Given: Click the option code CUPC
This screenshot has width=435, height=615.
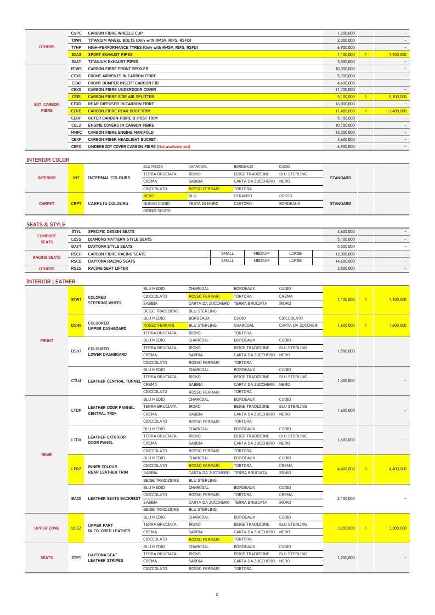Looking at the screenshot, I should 76,33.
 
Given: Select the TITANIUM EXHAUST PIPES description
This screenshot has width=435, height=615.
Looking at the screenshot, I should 113,62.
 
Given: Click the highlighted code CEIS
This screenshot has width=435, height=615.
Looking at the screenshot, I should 76,96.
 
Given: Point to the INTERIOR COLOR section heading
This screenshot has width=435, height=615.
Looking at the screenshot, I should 48,160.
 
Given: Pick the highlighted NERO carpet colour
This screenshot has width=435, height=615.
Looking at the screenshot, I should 148,196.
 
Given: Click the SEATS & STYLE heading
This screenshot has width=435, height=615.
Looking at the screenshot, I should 46,225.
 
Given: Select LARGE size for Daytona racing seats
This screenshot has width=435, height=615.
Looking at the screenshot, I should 295,261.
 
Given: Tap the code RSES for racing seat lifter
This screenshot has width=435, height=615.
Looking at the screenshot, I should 76,269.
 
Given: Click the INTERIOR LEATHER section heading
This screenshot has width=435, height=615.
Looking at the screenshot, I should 51,282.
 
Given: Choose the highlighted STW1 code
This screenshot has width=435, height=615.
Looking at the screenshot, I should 76,300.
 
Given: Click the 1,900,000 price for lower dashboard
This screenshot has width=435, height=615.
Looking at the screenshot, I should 345,351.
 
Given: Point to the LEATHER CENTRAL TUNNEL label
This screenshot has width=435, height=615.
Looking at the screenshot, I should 114,381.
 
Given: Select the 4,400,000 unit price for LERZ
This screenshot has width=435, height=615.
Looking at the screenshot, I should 345,469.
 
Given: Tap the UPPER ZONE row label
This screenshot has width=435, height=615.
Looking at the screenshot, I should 47,528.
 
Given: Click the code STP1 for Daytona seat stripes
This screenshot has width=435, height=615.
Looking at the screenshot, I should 76,557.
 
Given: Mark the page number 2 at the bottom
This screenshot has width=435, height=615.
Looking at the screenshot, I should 217,594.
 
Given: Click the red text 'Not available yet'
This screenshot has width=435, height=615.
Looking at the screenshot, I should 174,147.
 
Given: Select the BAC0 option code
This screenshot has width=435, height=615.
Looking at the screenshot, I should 76,499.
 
